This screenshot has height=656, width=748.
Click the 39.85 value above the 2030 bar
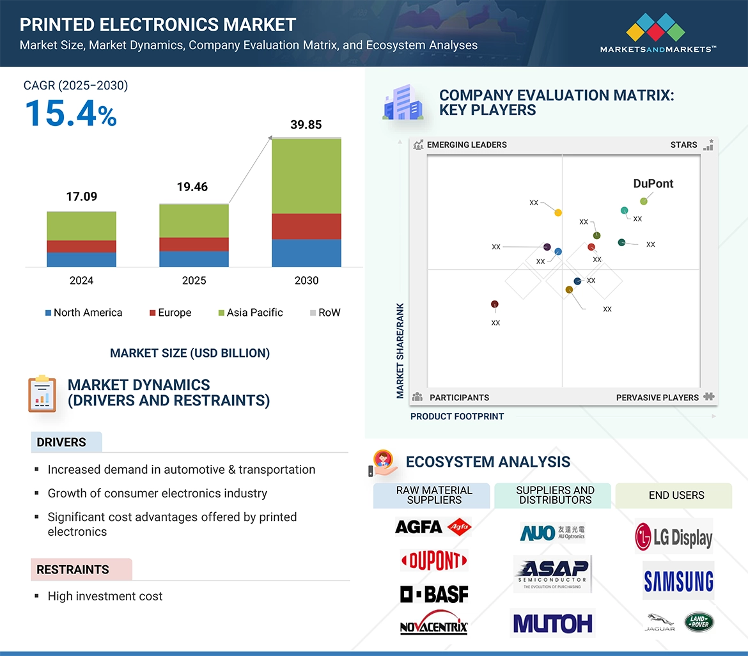(x=306, y=125)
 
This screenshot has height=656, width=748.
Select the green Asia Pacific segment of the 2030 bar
(x=306, y=176)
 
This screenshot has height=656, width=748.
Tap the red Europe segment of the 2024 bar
(x=81, y=246)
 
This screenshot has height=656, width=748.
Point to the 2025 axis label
(x=194, y=280)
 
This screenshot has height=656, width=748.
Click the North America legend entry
(x=83, y=313)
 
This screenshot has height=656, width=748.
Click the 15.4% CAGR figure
(x=70, y=113)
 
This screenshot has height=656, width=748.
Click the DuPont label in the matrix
(x=653, y=184)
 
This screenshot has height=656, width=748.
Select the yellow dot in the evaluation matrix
(x=558, y=212)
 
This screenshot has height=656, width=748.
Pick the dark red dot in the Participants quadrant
(x=494, y=304)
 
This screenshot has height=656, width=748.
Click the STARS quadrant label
(x=683, y=144)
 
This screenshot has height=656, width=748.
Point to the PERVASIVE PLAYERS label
(x=657, y=397)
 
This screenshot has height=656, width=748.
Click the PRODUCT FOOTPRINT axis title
(x=457, y=416)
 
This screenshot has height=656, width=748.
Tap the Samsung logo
(x=678, y=581)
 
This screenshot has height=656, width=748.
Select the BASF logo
(x=434, y=595)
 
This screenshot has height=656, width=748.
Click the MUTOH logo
(x=552, y=623)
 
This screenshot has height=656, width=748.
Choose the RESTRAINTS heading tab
(x=73, y=569)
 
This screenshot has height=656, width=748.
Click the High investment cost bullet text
(x=105, y=596)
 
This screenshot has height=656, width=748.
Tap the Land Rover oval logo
(x=699, y=623)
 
